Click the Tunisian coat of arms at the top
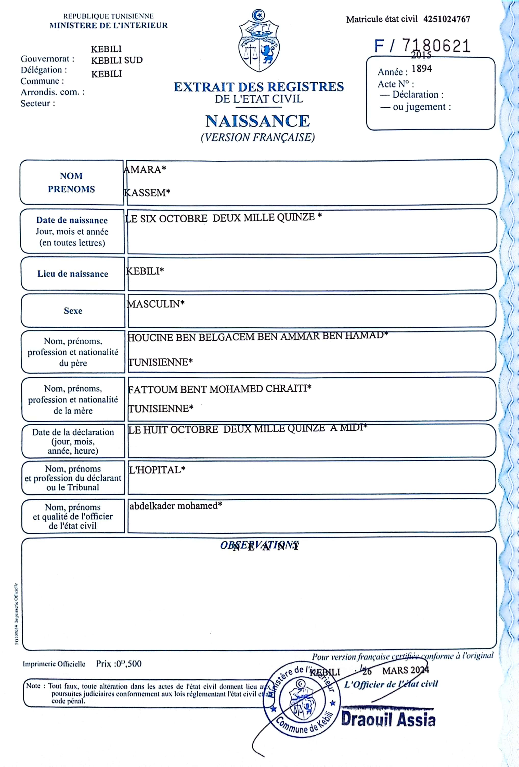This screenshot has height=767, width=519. click(x=259, y=41)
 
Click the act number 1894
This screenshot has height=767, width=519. click(x=422, y=69)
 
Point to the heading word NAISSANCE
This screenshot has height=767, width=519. click(x=258, y=121)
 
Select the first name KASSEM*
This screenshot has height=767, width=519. click(x=147, y=193)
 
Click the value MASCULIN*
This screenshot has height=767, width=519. click(x=156, y=304)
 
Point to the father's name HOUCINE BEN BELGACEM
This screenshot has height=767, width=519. click(x=257, y=337)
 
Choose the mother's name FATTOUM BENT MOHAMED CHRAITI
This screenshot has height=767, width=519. click(x=219, y=389)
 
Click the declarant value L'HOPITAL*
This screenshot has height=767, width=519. click(x=157, y=470)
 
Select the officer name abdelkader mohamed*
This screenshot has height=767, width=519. click(x=176, y=506)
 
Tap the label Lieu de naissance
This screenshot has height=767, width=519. click(x=73, y=274)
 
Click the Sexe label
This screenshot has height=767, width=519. click(x=73, y=311)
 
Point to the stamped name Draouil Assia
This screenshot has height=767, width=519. click(x=388, y=720)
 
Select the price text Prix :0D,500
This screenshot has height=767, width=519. click(x=119, y=664)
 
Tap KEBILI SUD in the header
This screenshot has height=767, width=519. click(x=117, y=60)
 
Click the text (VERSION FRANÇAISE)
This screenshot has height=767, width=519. click(x=258, y=137)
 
